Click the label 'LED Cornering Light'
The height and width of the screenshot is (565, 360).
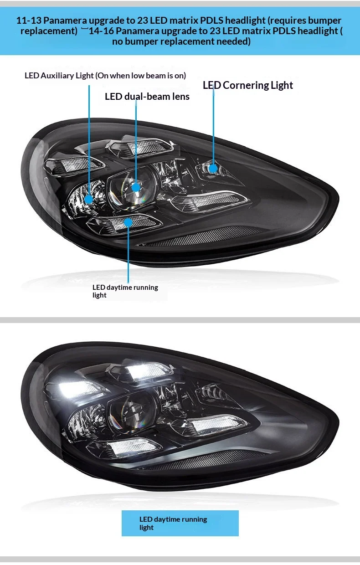pyautogui.click(x=248, y=85)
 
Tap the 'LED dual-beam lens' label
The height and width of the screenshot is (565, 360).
pyautogui.click(x=147, y=97)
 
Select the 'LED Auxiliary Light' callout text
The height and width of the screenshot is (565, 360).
pyautogui.click(x=59, y=75)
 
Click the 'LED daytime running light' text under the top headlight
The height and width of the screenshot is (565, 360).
pyautogui.click(x=125, y=291)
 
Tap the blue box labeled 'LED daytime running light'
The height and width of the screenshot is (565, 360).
pyautogui.click(x=180, y=523)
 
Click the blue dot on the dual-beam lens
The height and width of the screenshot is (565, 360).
pyautogui.click(x=136, y=187)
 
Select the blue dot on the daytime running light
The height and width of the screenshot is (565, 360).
pyautogui.click(x=128, y=222)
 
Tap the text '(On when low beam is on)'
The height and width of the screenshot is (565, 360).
pyautogui.click(x=141, y=75)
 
